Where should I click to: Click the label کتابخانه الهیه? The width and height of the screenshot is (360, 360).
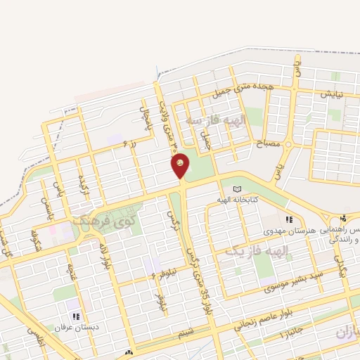click(241, 200)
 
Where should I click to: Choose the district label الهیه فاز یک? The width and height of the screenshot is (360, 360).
click(257, 250)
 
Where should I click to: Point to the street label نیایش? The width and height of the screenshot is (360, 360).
click(331, 94)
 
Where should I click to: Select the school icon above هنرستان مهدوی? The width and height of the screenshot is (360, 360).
click(288, 219)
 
